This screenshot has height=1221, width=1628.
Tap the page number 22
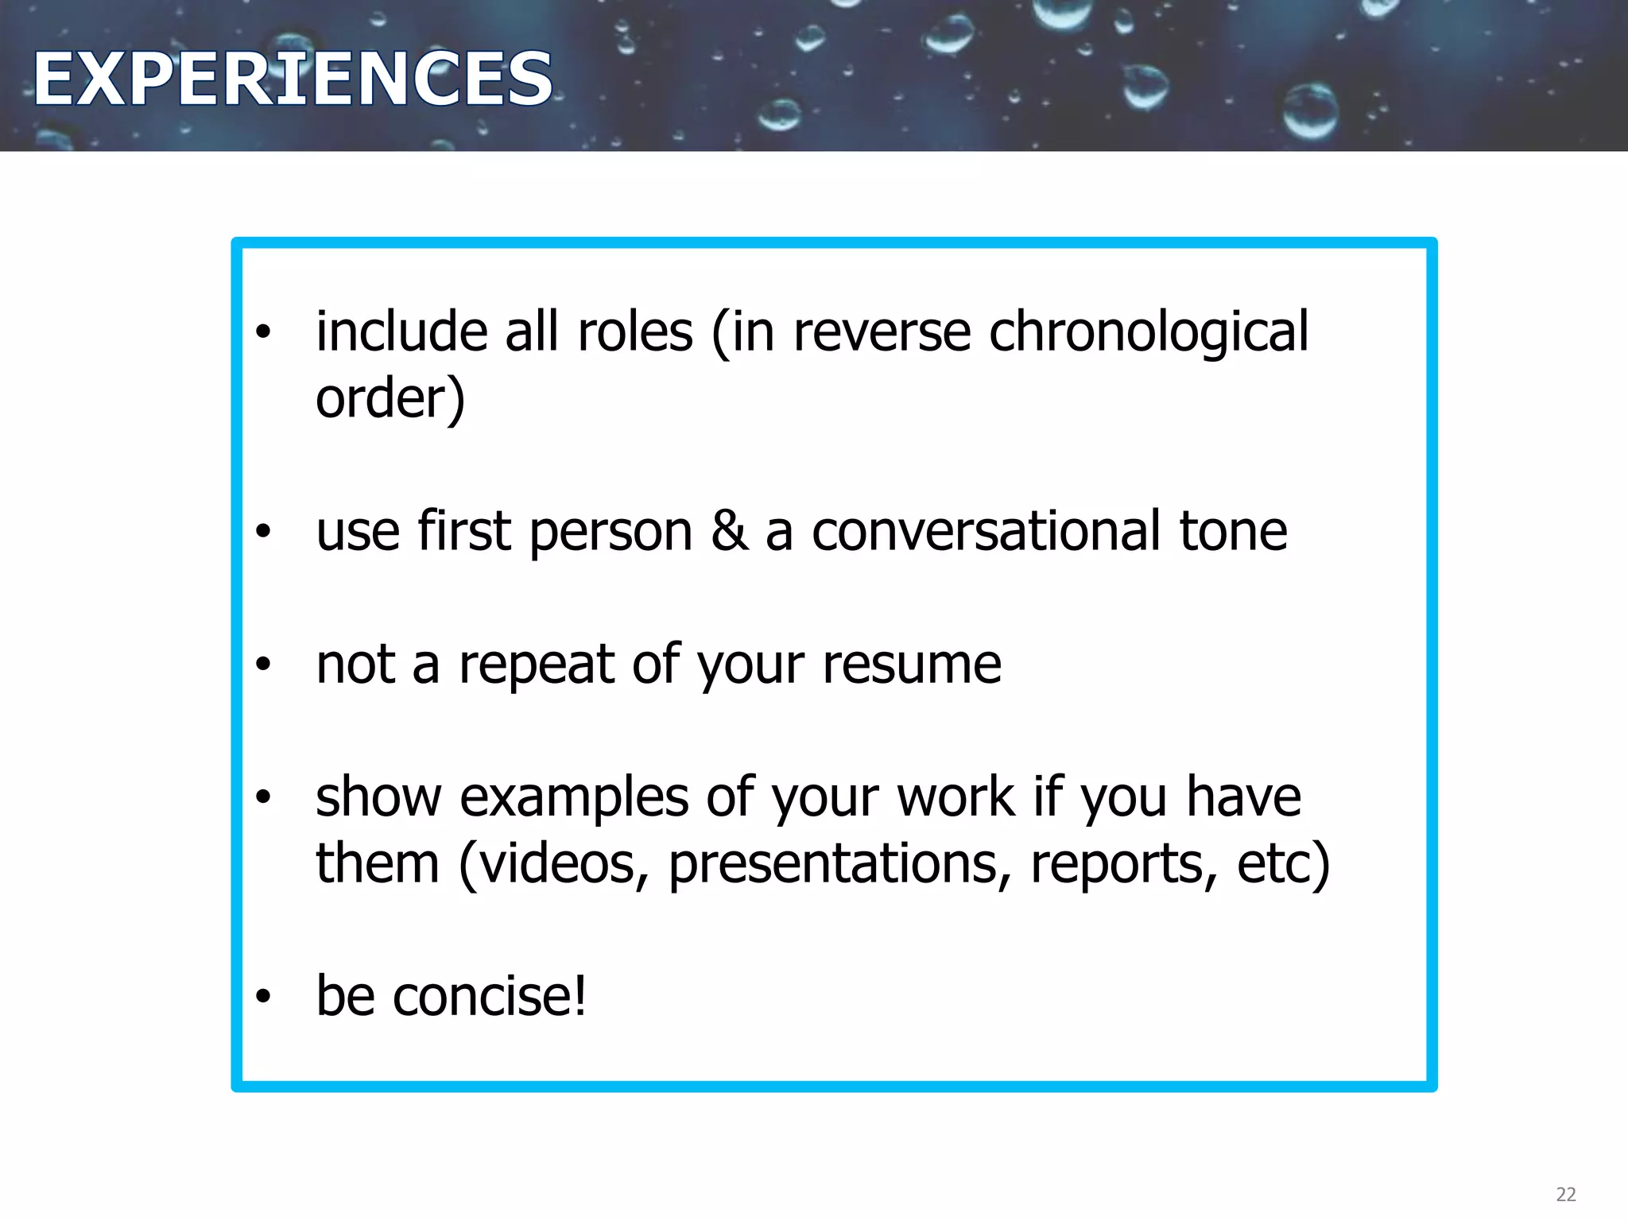point(1565,1194)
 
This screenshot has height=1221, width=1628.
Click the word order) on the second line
point(390,398)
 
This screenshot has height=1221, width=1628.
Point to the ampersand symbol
point(729,531)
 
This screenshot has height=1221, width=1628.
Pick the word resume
point(912,665)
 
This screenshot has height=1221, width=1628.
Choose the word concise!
point(490,996)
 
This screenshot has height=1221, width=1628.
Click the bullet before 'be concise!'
point(264,996)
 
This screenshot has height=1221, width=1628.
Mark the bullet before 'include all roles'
point(264,331)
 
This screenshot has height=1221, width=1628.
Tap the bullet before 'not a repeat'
point(264,665)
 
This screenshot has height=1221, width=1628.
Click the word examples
point(574,797)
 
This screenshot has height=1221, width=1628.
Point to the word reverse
point(882,331)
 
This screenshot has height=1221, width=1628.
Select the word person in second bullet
point(610,531)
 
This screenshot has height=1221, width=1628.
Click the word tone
point(1233,531)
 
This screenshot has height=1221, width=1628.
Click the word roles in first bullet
point(635,331)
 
